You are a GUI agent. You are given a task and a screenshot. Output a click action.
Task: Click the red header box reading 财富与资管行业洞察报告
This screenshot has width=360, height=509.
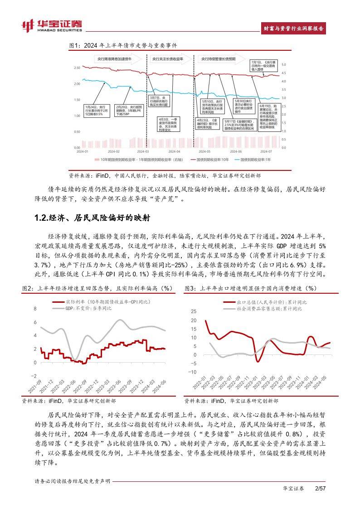point(294,28)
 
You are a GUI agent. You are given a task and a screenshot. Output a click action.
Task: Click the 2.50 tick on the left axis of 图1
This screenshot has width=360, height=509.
point(77,68)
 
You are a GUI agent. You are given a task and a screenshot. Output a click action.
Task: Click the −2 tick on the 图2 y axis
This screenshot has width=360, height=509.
point(33,376)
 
